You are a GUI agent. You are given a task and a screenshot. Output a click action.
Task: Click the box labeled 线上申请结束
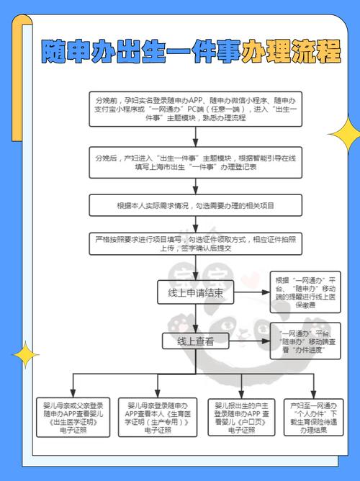(195, 294)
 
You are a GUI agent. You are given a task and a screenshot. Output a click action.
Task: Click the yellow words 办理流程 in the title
(292, 52)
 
